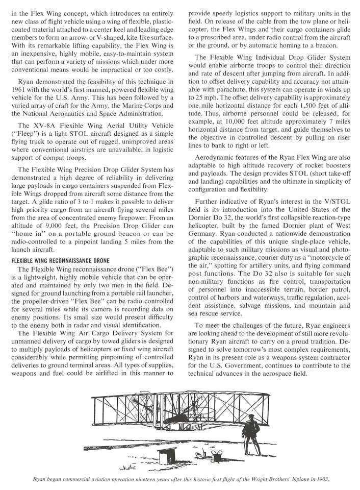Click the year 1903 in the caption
[x=321, y=479]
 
